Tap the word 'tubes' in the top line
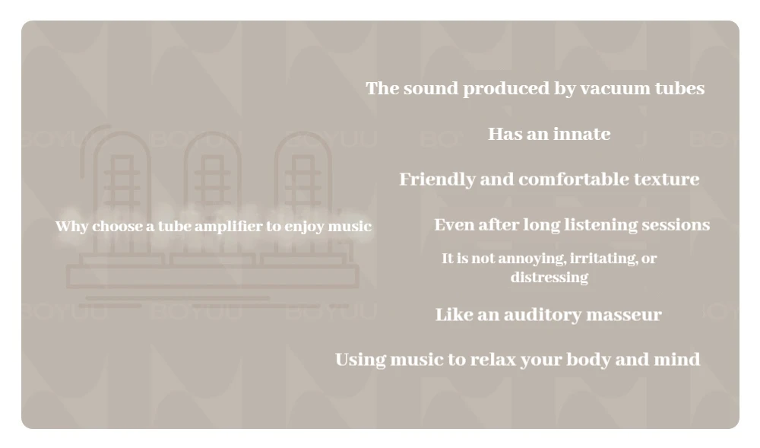679,88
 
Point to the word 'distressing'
549,278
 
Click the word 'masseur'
623,315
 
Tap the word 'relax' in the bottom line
493,360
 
